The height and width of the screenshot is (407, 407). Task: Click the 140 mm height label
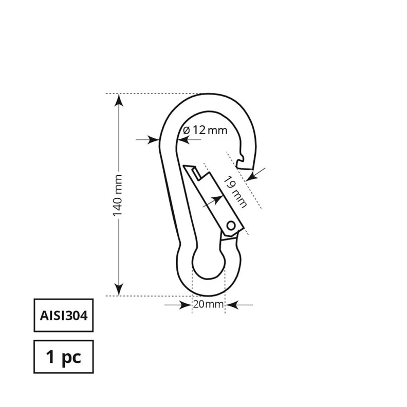[117, 195]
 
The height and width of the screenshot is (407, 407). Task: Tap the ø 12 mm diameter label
[205, 130]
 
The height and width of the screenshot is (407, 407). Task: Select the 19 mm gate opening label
[234, 191]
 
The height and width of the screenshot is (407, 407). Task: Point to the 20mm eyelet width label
[208, 305]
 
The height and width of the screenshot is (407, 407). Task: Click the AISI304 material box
[63, 314]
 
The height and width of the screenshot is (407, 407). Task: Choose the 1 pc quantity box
[63, 356]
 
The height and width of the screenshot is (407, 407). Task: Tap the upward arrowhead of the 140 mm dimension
[119, 100]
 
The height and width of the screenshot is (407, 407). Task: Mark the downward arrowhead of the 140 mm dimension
[119, 290]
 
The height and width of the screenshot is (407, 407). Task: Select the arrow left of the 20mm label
[182, 305]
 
